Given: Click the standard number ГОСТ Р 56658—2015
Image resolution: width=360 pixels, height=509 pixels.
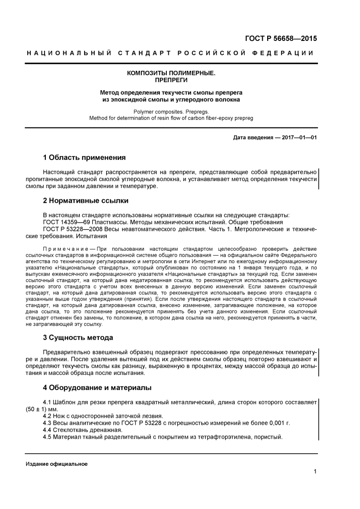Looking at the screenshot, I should point(281,38).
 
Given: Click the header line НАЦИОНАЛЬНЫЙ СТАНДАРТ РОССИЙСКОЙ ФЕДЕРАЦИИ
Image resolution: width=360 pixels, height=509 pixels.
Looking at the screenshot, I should point(171,53).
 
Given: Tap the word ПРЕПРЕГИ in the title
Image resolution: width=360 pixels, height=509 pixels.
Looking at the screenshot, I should point(171,80).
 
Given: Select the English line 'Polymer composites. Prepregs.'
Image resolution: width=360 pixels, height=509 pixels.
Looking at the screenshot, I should point(171,112).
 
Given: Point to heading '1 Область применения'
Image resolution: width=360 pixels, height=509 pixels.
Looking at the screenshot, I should point(84,158).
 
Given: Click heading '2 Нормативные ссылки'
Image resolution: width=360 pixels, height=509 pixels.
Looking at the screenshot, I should point(86,201).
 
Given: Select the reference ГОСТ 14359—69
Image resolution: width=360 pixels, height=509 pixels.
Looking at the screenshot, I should point(66,222).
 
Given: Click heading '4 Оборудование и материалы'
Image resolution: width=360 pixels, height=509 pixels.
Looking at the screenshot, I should point(97,388).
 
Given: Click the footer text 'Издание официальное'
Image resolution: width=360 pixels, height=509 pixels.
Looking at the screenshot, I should point(57,464).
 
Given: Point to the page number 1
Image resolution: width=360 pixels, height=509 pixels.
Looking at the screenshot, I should point(315,472).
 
